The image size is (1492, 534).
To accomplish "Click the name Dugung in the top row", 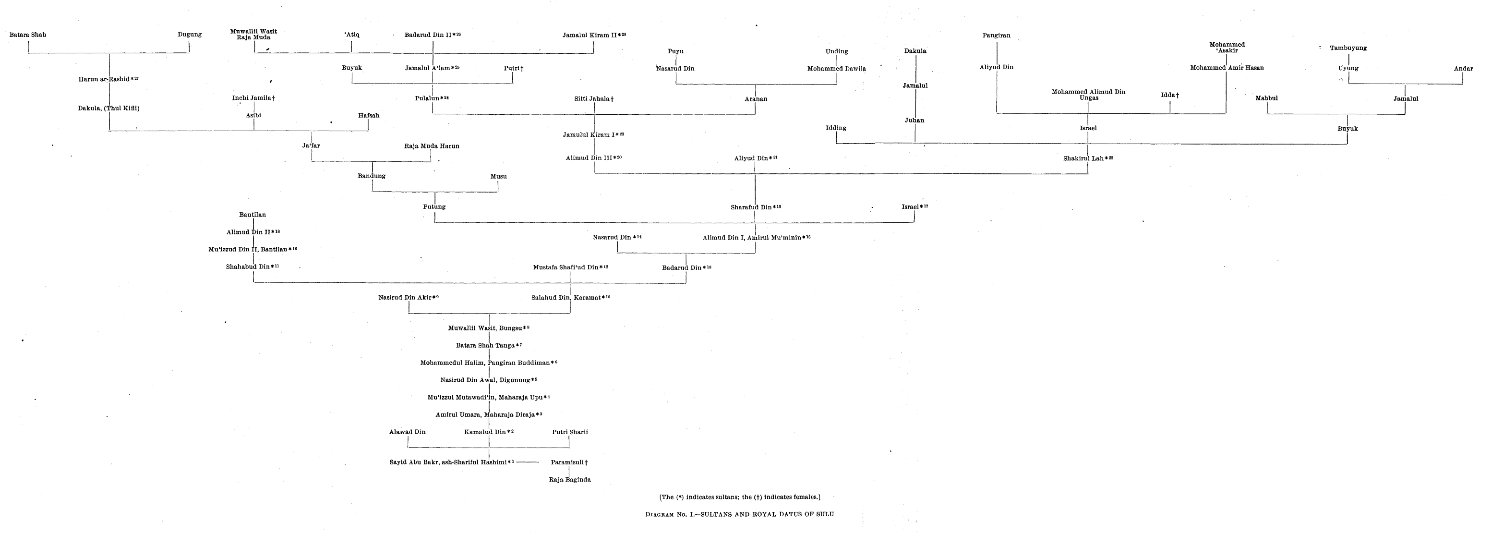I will pyautogui.click(x=190, y=35).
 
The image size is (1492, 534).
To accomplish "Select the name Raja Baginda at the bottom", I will pyautogui.click(x=569, y=480).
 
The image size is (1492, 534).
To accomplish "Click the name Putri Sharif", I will pyautogui.click(x=569, y=432).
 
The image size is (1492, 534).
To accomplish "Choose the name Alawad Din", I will pyautogui.click(x=407, y=432).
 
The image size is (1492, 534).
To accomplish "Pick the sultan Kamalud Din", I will pyautogui.click(x=488, y=432).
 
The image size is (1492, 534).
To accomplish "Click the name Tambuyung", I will pyautogui.click(x=1348, y=48).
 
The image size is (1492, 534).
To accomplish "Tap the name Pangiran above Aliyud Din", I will pyautogui.click(x=996, y=36).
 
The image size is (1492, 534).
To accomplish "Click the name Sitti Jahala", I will pyautogui.click(x=594, y=99).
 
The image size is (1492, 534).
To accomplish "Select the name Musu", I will pyautogui.click(x=498, y=177).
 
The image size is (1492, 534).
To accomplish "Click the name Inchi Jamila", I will pyautogui.click(x=253, y=98).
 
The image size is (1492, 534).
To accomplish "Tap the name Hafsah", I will pyautogui.click(x=368, y=116).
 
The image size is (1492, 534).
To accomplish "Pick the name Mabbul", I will pyautogui.click(x=1266, y=98).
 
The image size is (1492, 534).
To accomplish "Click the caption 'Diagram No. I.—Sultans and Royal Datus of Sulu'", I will pyautogui.click(x=739, y=514).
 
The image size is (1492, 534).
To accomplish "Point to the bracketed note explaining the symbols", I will pyautogui.click(x=739, y=497).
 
